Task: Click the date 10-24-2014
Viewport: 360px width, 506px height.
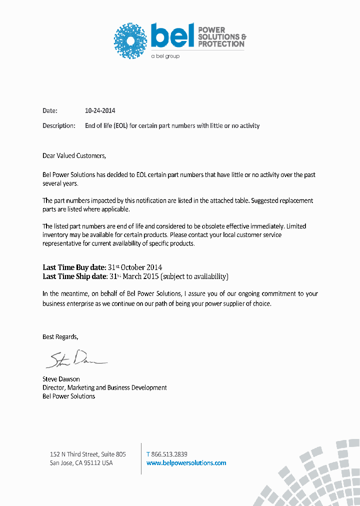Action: (100, 111)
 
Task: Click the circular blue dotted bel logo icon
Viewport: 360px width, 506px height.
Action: (131, 40)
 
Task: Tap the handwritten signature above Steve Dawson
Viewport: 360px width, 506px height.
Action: (75, 358)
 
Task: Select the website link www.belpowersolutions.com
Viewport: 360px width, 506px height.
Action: (186, 463)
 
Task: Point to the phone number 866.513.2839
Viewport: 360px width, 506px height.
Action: (169, 454)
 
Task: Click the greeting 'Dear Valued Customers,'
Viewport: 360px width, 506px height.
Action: (74, 155)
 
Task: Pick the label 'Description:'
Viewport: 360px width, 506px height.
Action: (59, 126)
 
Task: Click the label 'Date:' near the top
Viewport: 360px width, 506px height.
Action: (50, 111)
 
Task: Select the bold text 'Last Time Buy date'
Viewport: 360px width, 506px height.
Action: (74, 267)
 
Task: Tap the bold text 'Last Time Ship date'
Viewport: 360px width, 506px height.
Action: (74, 276)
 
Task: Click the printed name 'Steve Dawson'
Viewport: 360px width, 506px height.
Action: (61, 379)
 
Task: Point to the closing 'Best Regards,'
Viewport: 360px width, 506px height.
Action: (60, 337)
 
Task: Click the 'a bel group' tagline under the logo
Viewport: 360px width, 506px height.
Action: (165, 56)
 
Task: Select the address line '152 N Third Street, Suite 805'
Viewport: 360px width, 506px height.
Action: (88, 454)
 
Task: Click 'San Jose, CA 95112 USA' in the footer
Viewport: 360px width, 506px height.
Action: (81, 463)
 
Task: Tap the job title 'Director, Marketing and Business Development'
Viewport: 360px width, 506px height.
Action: (104, 387)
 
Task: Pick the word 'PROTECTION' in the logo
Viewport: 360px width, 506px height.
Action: (221, 44)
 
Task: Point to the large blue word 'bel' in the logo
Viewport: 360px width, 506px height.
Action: (172, 36)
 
